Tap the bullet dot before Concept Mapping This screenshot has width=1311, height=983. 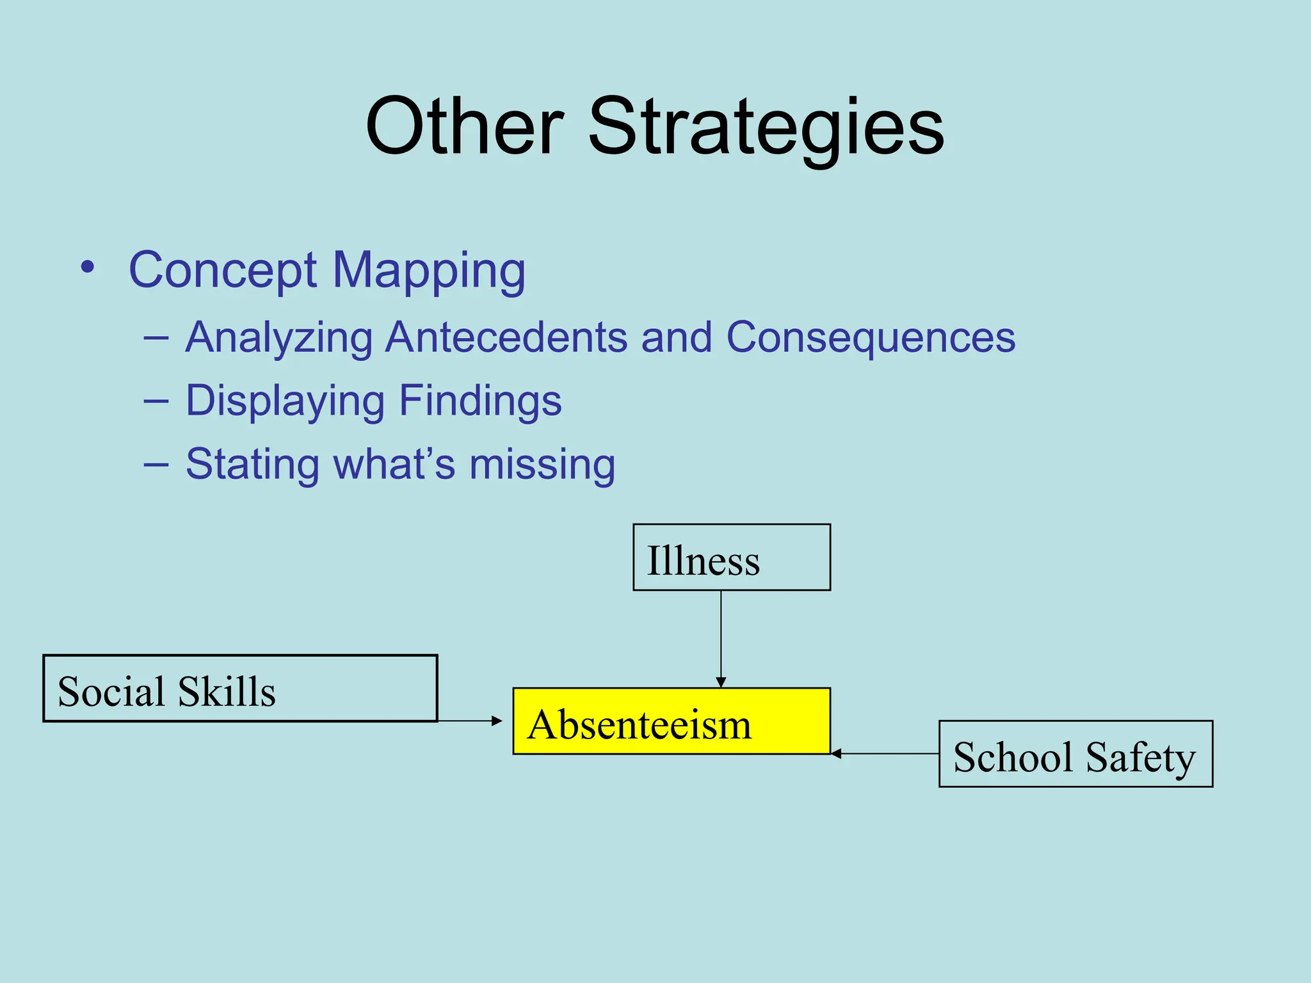pyautogui.click(x=88, y=268)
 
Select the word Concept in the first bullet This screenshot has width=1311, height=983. pyautogui.click(x=222, y=271)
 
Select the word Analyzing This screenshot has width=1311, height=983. pyautogui.click(x=279, y=339)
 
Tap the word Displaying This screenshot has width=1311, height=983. pyautogui.click(x=285, y=402)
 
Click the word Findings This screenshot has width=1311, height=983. pyautogui.click(x=480, y=402)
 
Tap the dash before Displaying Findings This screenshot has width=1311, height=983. pyautogui.click(x=156, y=401)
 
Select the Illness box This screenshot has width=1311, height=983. pyautogui.click(x=731, y=557)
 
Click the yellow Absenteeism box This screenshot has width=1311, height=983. pyautogui.click(x=671, y=721)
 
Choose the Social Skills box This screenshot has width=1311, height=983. pyautogui.click(x=240, y=689)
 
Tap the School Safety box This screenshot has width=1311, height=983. pyautogui.click(x=1075, y=754)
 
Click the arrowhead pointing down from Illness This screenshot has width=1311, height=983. pyautogui.click(x=721, y=682)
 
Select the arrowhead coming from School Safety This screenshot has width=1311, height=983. pyautogui.click(x=836, y=754)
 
